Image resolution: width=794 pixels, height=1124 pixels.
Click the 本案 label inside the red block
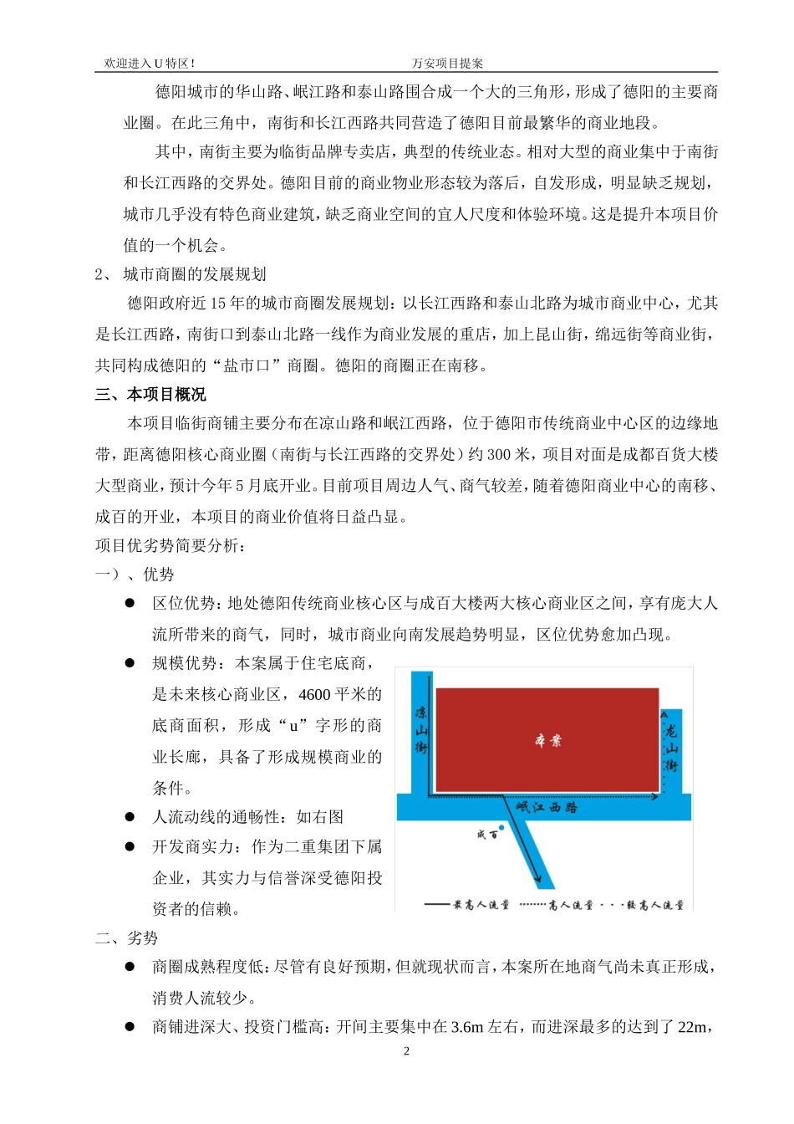click(548, 740)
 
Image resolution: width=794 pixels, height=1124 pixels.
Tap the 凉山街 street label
click(421, 729)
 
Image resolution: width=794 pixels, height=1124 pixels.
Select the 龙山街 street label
click(670, 748)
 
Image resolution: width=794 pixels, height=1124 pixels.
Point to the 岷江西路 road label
click(547, 807)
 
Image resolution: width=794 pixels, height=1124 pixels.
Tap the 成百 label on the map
click(486, 834)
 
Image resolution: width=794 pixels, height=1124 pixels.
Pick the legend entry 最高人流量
click(468, 905)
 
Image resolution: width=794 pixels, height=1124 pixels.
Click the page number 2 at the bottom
click(407, 1051)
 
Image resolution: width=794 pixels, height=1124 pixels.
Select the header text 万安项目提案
click(447, 64)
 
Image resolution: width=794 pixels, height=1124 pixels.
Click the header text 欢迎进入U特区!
click(150, 64)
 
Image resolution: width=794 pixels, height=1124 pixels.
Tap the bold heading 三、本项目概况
click(150, 395)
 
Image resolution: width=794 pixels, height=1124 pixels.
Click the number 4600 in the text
click(314, 694)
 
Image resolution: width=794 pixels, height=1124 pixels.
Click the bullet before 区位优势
click(130, 603)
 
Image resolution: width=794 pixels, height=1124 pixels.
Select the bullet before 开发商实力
click(130, 846)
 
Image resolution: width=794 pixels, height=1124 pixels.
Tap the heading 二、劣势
click(127, 938)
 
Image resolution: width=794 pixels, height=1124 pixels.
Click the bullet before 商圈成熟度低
click(130, 967)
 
